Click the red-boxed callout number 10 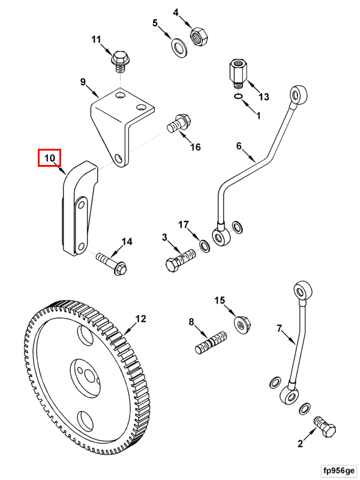coord(49,158)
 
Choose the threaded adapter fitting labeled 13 coord(238,73)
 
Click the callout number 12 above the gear coord(140,319)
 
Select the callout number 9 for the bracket coord(83,82)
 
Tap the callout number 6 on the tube coord(238,146)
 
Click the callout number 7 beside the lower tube coord(279,328)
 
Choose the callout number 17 coord(184,225)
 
